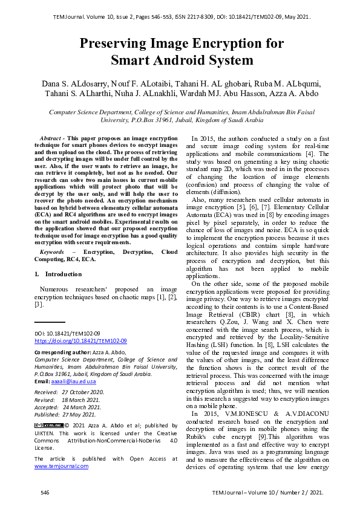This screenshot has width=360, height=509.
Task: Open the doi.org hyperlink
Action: click(x=80, y=341)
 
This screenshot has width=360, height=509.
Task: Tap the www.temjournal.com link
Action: click(x=61, y=466)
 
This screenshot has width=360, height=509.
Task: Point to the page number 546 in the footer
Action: click(x=45, y=493)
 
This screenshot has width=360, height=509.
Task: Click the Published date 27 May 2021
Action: click(x=79, y=414)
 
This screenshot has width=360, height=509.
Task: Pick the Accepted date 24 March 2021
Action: click(x=82, y=407)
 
